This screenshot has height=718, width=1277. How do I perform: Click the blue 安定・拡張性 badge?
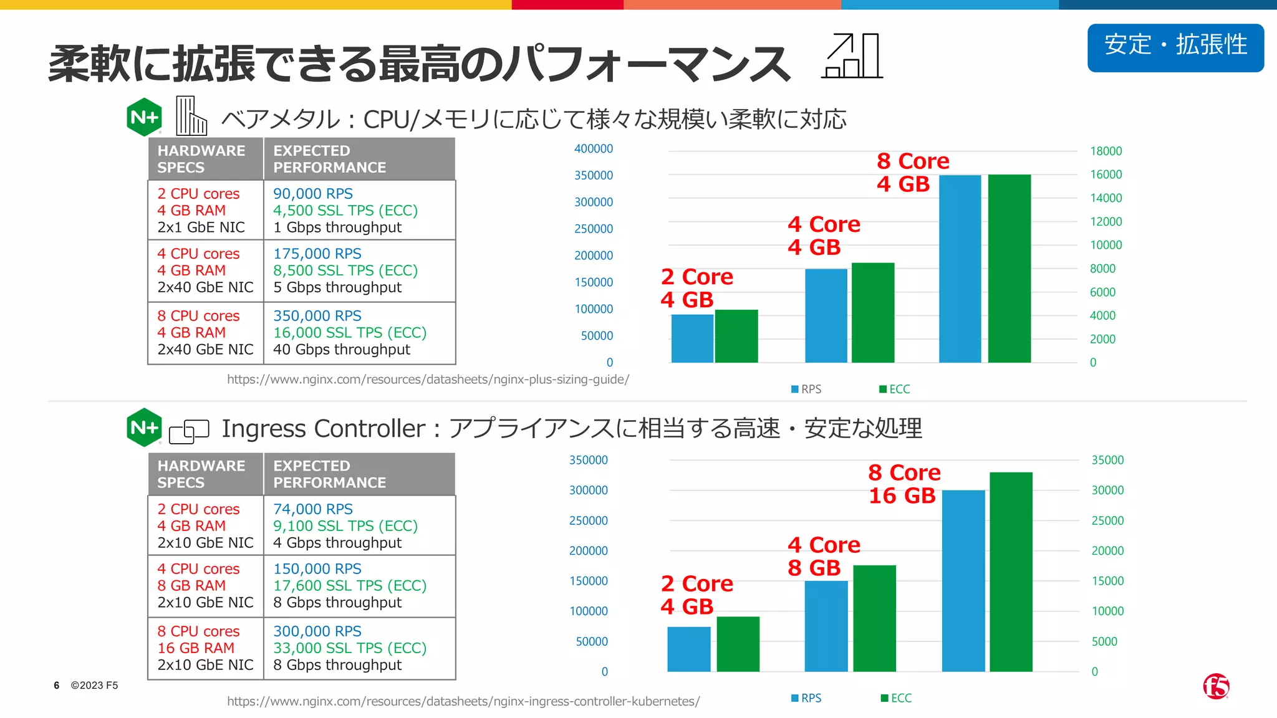(1175, 47)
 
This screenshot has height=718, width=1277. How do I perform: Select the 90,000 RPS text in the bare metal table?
(312, 194)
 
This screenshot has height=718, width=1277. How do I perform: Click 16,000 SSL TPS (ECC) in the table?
(349, 333)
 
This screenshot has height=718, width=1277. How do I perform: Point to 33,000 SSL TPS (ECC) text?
(349, 648)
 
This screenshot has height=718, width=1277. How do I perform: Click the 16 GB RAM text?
(196, 648)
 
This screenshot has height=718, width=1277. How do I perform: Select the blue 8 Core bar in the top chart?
(960, 269)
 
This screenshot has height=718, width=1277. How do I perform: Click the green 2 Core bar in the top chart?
(736, 336)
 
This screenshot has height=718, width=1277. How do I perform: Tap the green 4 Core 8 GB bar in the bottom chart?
(874, 618)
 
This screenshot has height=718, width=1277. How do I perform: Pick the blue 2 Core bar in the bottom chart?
(688, 649)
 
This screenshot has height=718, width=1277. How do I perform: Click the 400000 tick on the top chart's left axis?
(593, 149)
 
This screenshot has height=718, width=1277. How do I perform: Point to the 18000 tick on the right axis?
(1106, 151)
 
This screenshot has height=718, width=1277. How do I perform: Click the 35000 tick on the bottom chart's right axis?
(1107, 460)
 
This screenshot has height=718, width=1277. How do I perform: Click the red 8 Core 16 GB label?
(904, 484)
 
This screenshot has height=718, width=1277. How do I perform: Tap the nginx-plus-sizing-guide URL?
(428, 379)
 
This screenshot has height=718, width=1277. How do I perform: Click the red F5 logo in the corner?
(1216, 687)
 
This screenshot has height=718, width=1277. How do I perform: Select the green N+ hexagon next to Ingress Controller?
(144, 428)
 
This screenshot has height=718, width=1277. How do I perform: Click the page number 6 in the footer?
(57, 686)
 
